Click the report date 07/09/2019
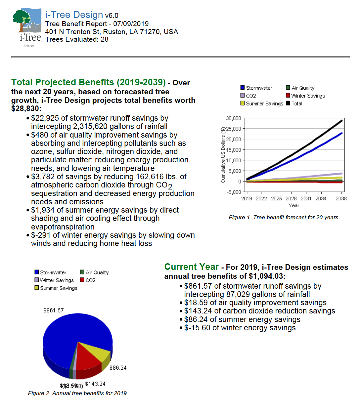[131, 24]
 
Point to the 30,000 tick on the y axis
[234, 118]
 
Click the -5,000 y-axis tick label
[234, 192]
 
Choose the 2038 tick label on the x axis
[341, 199]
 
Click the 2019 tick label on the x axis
[247, 199]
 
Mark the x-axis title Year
[294, 206]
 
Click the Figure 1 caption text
[283, 218]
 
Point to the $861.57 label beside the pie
[54, 310]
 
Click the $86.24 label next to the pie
[118, 368]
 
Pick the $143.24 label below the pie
[95, 384]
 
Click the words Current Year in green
[192, 267]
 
